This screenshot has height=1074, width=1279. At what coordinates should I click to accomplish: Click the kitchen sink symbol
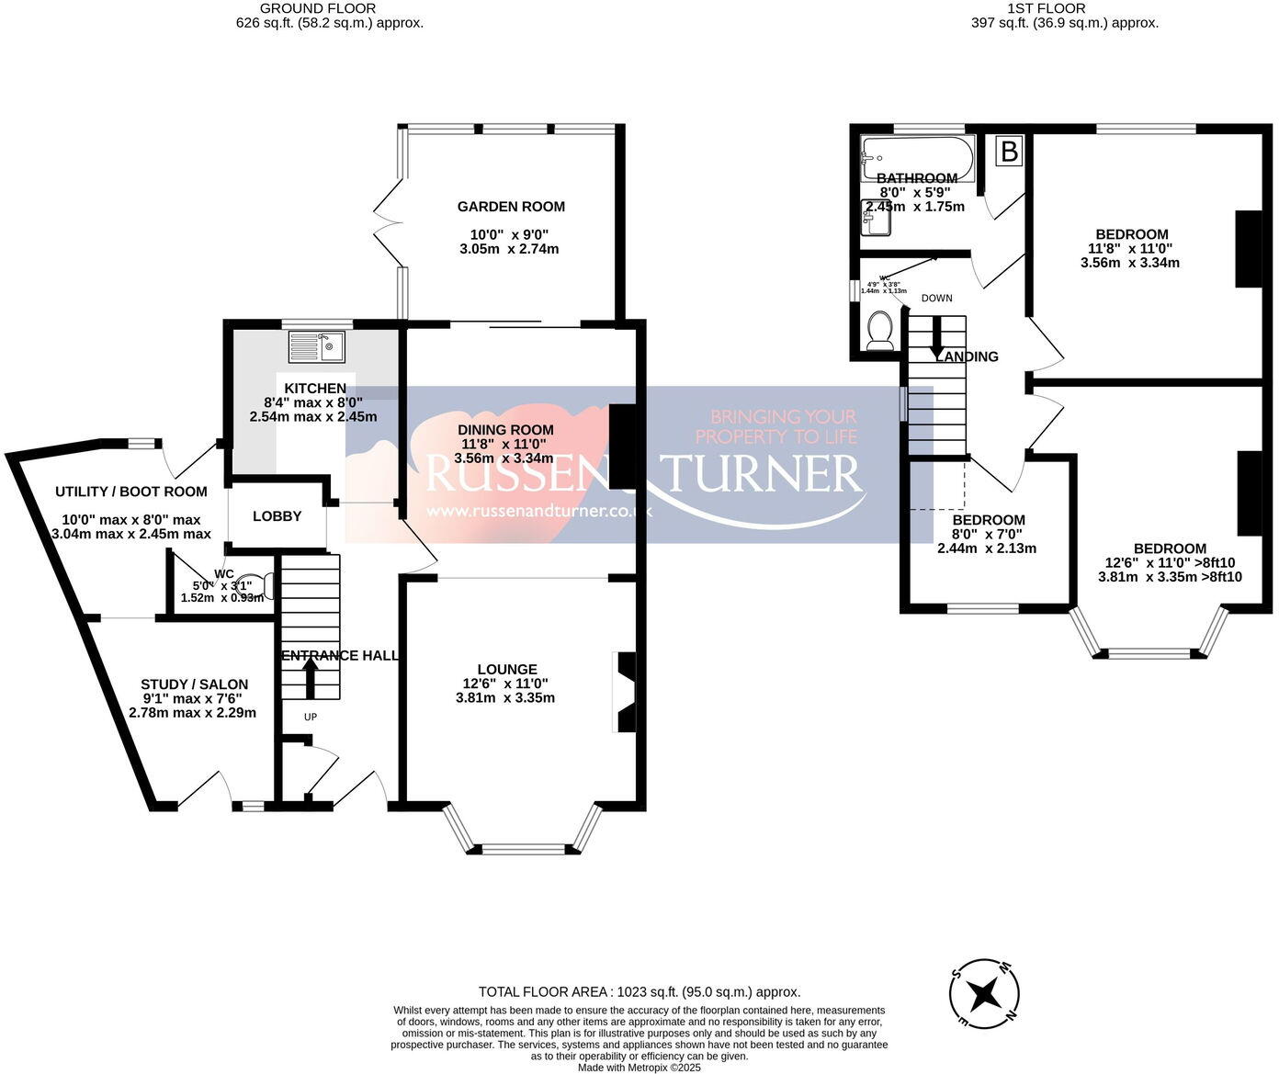click(316, 346)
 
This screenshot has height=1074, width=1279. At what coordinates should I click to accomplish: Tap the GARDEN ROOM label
click(511, 207)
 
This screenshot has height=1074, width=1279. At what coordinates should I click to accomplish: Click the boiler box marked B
click(1009, 152)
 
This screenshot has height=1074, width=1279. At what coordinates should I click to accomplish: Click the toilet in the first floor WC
click(880, 330)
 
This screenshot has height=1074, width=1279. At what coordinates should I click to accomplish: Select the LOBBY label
click(277, 516)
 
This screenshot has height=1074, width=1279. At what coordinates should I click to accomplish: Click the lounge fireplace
click(625, 692)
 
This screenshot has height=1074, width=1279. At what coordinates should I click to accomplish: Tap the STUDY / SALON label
click(194, 684)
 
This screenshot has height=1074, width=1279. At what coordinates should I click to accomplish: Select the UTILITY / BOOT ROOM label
click(130, 492)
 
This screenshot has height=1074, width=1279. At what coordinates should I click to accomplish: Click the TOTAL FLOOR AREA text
click(639, 992)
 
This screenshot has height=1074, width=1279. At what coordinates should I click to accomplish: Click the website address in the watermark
click(539, 511)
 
